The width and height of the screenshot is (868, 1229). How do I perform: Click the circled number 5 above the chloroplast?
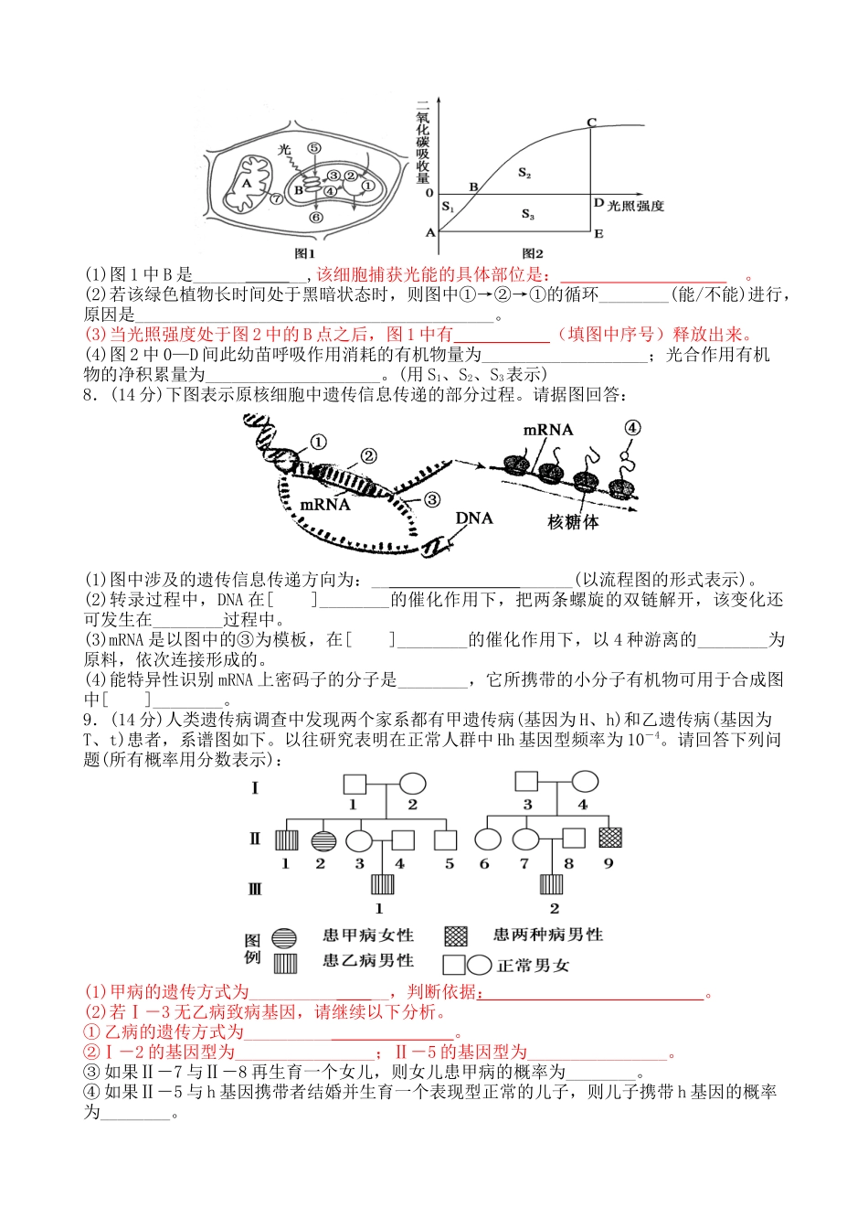(x=314, y=147)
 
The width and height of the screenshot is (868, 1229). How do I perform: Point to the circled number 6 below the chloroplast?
(x=315, y=218)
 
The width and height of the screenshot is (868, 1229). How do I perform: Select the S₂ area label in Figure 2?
(x=524, y=173)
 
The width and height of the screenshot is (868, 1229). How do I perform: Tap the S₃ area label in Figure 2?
(x=527, y=214)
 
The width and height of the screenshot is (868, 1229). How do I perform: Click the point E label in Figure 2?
(x=598, y=234)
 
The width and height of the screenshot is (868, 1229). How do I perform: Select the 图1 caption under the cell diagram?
(x=304, y=253)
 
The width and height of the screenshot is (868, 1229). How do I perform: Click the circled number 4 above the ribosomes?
(x=632, y=428)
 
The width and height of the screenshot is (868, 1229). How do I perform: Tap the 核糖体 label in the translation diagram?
(x=573, y=522)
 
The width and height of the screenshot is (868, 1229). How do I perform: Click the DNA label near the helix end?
(x=474, y=518)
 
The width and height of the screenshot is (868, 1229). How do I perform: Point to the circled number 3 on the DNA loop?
(x=432, y=499)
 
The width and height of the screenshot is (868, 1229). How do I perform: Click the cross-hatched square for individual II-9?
(x=609, y=838)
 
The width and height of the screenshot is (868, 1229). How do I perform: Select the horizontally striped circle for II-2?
(x=323, y=839)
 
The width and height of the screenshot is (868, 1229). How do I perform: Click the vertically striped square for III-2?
(x=552, y=884)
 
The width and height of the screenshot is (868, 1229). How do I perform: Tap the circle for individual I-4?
(x=585, y=781)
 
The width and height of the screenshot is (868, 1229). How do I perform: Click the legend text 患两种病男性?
(x=548, y=935)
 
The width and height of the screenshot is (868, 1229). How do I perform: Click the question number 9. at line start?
(x=90, y=720)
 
